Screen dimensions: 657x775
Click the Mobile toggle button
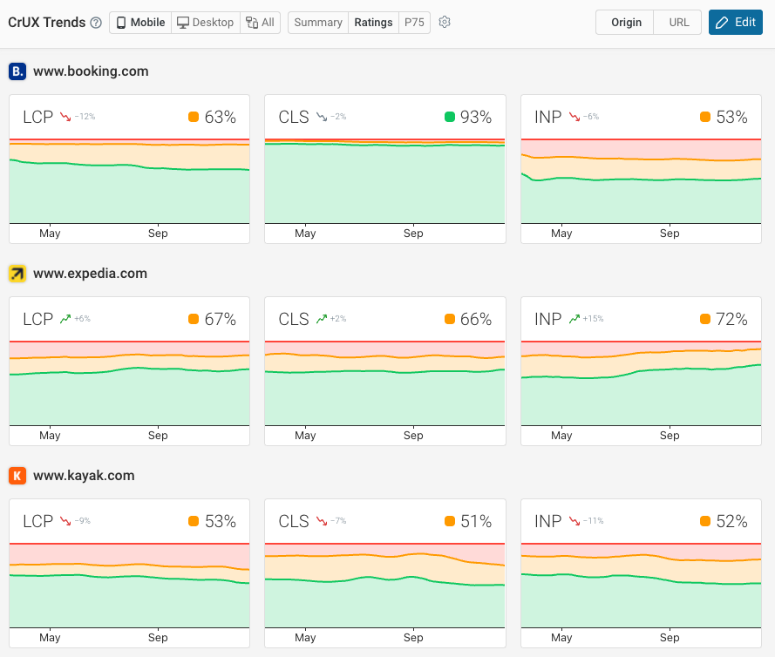(x=140, y=23)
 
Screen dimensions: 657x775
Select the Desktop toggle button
(x=206, y=23)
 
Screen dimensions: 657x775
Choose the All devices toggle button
(x=260, y=23)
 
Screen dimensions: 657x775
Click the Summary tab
(x=317, y=23)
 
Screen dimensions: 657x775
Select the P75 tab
(x=414, y=23)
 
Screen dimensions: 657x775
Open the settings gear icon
(x=445, y=23)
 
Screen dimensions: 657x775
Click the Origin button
(x=626, y=23)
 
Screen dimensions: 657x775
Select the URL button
(x=679, y=23)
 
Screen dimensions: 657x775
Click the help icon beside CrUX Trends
(x=96, y=23)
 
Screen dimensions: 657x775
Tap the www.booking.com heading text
(x=91, y=71)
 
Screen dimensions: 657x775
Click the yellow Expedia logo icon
(x=17, y=274)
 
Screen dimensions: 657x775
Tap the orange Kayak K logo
(x=17, y=476)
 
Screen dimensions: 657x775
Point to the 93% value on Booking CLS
(x=476, y=117)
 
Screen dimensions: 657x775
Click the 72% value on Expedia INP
(x=731, y=319)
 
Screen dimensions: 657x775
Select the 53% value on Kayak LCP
(x=220, y=521)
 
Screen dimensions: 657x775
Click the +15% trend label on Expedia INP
(x=594, y=319)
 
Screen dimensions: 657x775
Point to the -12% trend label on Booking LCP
(x=85, y=117)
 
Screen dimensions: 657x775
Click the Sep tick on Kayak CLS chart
(x=413, y=638)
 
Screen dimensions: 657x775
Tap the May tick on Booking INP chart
(x=561, y=234)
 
